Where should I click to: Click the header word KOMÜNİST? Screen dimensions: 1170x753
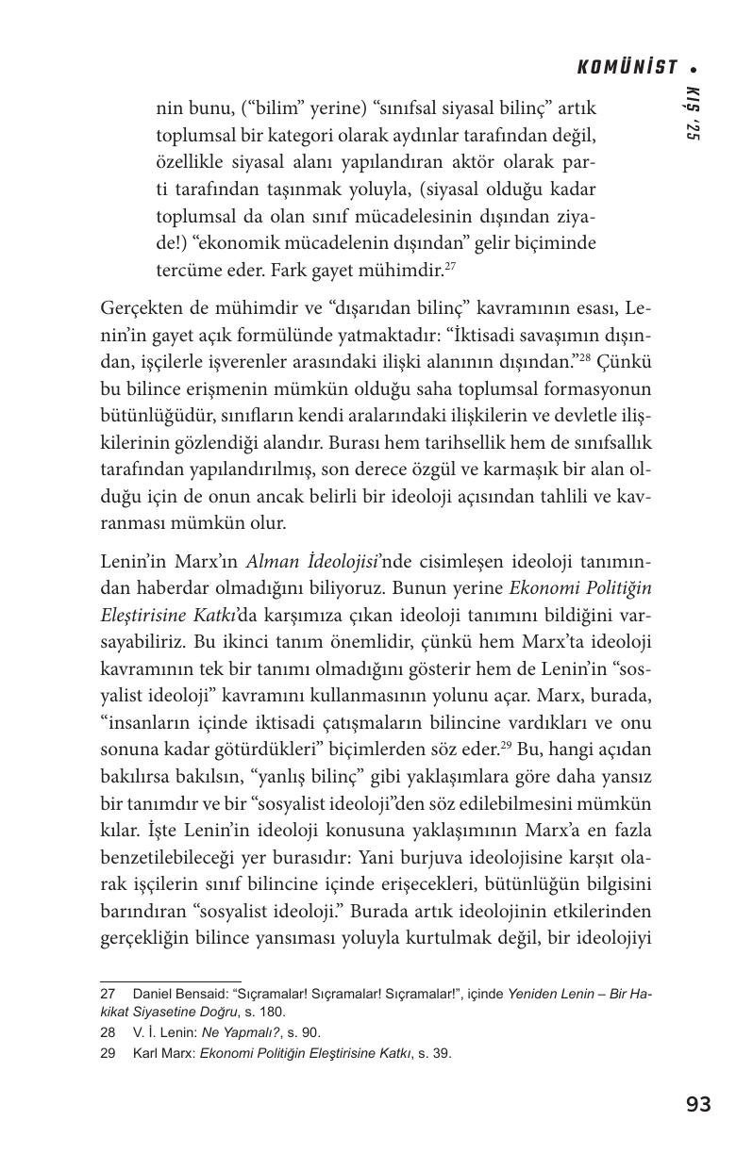627,67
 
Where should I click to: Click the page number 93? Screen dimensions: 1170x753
698,1104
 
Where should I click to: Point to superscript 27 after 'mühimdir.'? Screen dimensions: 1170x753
450,266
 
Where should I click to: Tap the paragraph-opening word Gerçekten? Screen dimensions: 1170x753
141,309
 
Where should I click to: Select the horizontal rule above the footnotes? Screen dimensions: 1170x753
171,980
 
